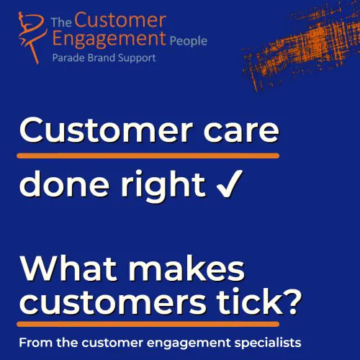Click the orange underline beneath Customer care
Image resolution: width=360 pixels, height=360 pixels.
point(148,154)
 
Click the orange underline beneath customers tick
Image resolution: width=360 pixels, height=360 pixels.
point(158,322)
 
